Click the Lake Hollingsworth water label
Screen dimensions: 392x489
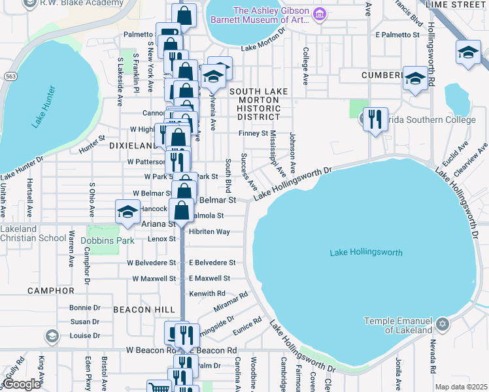click(366, 252)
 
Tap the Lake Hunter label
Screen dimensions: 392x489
click(52, 105)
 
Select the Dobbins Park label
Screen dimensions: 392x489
click(107, 240)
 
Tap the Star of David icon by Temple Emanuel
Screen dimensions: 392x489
click(443, 324)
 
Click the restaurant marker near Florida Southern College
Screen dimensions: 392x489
click(375, 120)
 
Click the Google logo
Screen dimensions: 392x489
click(22, 384)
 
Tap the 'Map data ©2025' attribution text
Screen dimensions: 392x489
click(461, 387)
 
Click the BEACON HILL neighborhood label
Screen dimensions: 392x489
click(143, 309)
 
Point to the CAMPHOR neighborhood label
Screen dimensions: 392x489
click(50, 290)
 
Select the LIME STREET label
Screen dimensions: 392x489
click(455, 4)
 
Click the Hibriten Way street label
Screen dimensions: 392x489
click(209, 232)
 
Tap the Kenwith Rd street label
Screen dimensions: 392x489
click(207, 294)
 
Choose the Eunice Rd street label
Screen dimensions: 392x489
click(248, 325)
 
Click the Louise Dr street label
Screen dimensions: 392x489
click(84, 336)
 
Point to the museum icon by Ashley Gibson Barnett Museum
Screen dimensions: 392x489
click(319, 14)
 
